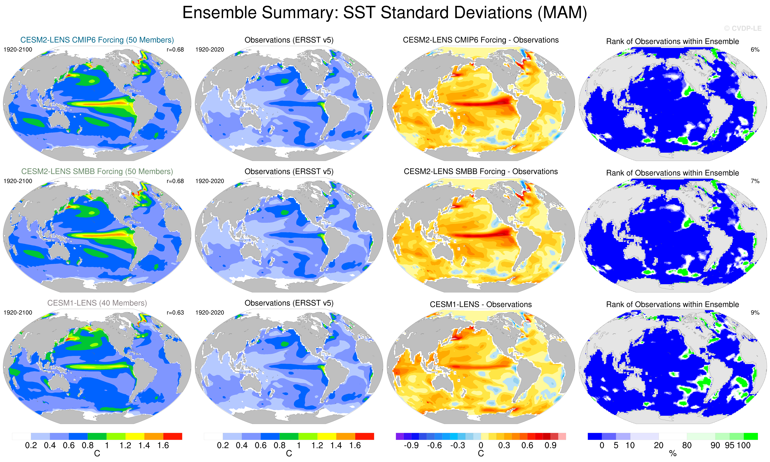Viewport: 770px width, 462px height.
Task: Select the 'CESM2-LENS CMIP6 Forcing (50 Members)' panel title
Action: [x=97, y=40]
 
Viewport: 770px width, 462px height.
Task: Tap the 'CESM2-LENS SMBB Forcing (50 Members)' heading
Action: [x=97, y=172]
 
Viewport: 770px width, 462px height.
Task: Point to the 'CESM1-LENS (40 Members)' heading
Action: [x=97, y=303]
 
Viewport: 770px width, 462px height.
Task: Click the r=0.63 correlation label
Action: [x=175, y=313]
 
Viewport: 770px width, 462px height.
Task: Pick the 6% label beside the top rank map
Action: [x=755, y=49]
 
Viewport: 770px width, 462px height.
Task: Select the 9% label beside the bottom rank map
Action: [x=755, y=313]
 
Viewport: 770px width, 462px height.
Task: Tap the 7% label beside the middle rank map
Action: [x=755, y=181]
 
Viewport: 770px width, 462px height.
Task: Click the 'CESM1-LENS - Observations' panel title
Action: [x=481, y=304]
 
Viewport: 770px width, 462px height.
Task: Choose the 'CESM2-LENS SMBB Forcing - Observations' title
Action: [x=481, y=172]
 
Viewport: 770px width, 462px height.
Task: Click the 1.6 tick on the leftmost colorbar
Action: [x=163, y=445]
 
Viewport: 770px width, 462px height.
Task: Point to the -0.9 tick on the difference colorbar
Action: [x=411, y=445]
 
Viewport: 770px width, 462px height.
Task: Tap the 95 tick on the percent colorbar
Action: [x=730, y=445]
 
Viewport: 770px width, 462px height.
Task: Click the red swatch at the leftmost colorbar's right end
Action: [x=173, y=436]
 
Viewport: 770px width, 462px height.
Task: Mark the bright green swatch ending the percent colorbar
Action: [x=751, y=436]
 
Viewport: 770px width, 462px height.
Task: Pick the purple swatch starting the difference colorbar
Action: [x=399, y=436]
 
